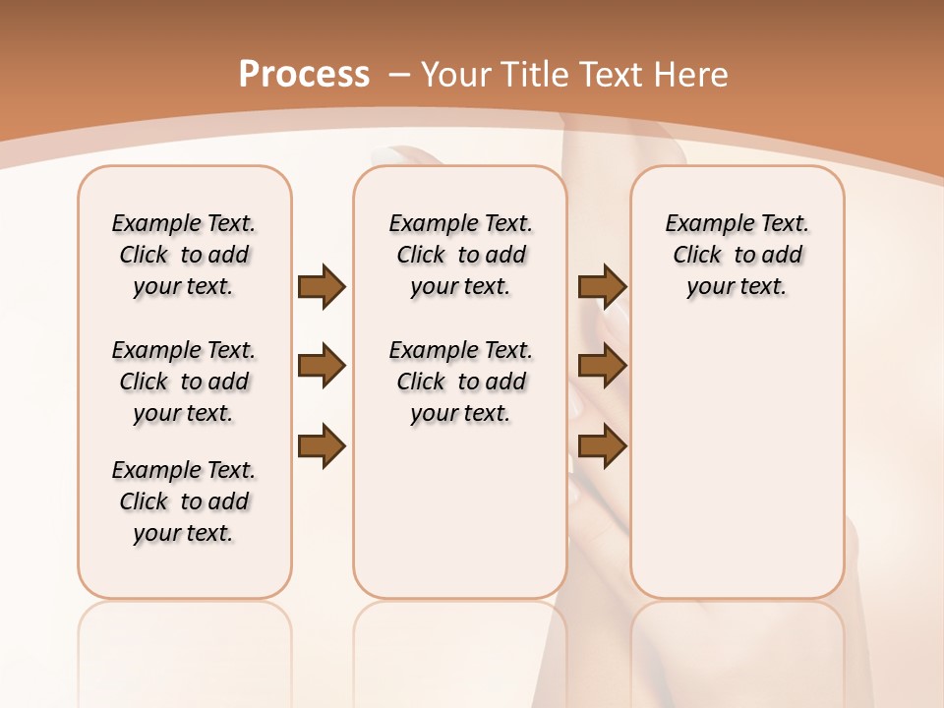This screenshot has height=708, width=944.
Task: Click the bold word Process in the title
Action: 304,74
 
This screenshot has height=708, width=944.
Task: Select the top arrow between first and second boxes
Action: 322,287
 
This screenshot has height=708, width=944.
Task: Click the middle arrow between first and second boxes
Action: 322,367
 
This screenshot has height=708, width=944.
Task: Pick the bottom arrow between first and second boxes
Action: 322,447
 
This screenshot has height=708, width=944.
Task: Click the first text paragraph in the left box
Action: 184,255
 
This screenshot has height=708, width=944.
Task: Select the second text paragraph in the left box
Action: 184,382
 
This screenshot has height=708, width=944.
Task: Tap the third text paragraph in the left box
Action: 184,501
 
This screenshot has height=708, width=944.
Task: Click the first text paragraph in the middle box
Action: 460,255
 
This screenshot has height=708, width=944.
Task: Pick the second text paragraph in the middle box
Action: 460,382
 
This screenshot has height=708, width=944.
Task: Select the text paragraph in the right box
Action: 737,255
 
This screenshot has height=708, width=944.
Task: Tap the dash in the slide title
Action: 398,75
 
